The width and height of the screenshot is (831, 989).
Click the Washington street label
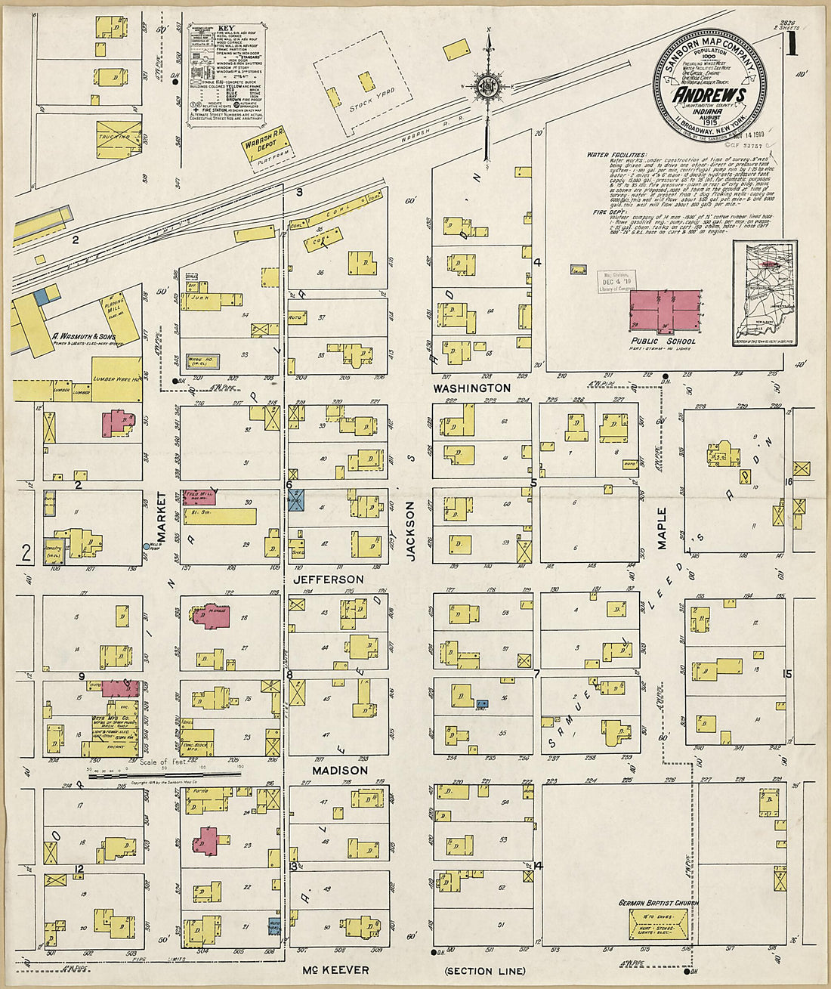pyautogui.click(x=471, y=388)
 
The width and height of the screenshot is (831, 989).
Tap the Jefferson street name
pyautogui.click(x=329, y=579)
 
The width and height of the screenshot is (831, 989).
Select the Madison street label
pyautogui.click(x=340, y=770)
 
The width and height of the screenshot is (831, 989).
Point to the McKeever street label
pyautogui.click(x=336, y=969)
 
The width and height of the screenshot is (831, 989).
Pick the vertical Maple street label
pyautogui.click(x=662, y=527)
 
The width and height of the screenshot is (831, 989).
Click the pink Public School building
pyautogui.click(x=666, y=310)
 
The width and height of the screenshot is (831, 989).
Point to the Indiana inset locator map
pyautogui.click(x=765, y=293)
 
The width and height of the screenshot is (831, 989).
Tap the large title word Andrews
pyautogui.click(x=709, y=95)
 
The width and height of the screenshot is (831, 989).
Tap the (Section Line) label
pyautogui.click(x=485, y=971)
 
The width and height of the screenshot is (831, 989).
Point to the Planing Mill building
pyautogui.click(x=113, y=311)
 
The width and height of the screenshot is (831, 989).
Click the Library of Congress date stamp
pyautogui.click(x=618, y=281)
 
